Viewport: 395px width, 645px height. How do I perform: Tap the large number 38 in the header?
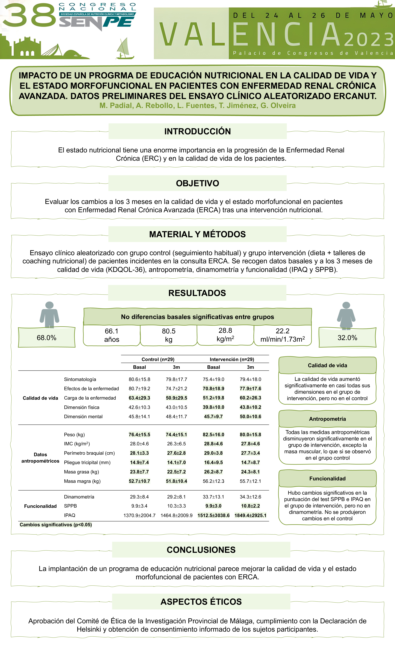(x=29, y=15)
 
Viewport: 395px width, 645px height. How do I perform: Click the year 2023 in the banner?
(x=368, y=40)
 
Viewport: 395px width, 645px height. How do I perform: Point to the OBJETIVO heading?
(x=197, y=183)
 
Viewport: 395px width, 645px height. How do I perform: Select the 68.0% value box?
(x=47, y=338)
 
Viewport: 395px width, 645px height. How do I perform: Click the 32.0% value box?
(x=347, y=338)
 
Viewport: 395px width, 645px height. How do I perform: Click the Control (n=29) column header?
(x=158, y=359)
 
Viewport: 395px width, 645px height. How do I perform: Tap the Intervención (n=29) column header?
(x=232, y=359)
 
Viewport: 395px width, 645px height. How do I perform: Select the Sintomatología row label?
(x=80, y=379)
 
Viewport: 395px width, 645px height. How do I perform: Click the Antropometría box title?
(x=327, y=419)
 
